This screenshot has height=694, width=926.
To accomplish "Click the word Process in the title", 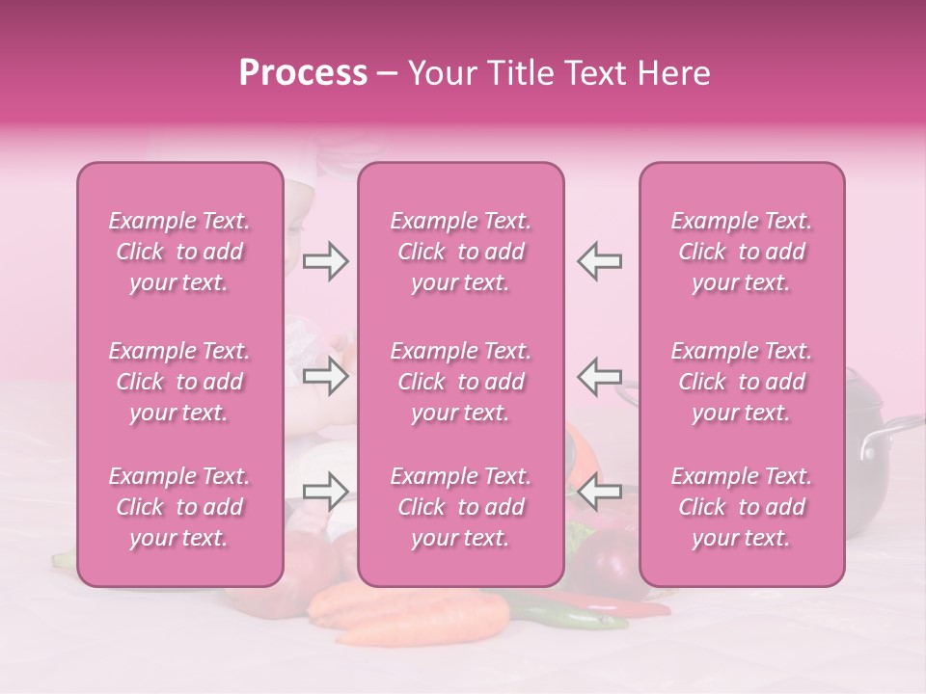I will point(303,72).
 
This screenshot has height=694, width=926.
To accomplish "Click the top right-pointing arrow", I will point(325,261).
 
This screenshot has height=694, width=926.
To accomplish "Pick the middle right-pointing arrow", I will point(325,376).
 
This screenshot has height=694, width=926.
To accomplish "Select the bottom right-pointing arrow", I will point(325,492).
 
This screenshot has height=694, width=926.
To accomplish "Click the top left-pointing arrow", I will point(599,261).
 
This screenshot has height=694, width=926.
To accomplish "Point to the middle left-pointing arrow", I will point(599,376).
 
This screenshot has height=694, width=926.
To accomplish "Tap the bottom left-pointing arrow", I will point(599,492).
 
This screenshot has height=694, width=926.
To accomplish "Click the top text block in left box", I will point(179,252).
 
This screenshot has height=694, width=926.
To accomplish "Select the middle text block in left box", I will point(179,382).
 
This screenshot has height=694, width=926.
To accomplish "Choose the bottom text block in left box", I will point(179,507).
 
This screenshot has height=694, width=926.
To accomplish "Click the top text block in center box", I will point(461,252).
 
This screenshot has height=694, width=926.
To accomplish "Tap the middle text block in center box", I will point(461,382).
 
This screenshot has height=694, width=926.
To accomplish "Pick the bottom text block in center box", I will point(461,507).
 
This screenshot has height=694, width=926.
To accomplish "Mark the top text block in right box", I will point(742,252).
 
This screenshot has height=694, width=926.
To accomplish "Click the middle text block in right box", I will point(742,382).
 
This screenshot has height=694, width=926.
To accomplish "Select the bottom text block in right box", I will point(742,507).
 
